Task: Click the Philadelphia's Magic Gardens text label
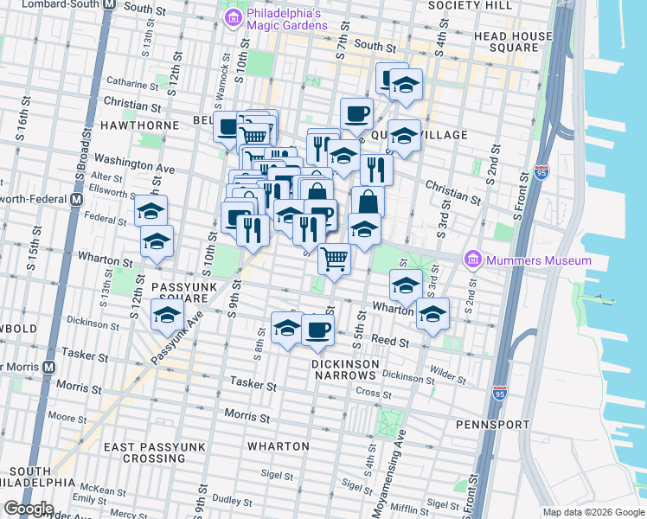click(286, 19)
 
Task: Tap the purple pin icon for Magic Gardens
click(232, 18)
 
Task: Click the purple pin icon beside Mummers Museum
click(471, 259)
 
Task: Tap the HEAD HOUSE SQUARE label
click(513, 42)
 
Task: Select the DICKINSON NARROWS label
click(344, 369)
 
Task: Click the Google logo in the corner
click(29, 509)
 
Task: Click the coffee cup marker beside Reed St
click(318, 330)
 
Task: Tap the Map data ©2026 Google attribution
click(593, 512)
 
